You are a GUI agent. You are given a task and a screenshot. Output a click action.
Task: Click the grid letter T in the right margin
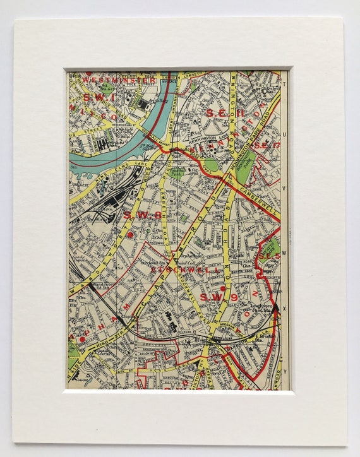pyautogui.click(x=285, y=84)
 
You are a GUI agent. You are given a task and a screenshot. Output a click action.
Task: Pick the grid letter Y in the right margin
pyautogui.click(x=285, y=371)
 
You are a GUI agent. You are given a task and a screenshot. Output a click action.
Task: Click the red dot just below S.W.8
pyautogui.click(x=131, y=235)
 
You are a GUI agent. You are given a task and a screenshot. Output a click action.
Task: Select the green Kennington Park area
pyautogui.click(x=246, y=161)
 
